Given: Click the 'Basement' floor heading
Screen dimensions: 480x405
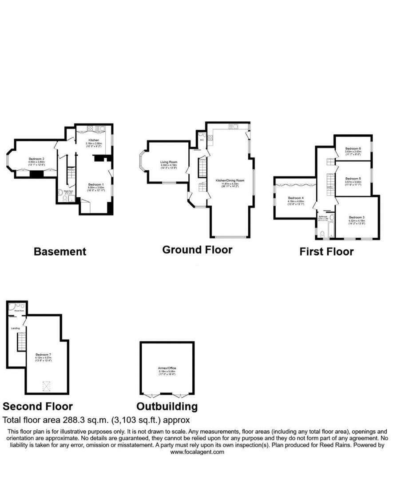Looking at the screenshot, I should [x=60, y=252].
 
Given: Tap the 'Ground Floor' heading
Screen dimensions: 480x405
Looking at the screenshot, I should [x=197, y=250].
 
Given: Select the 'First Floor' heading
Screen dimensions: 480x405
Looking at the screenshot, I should [x=326, y=252].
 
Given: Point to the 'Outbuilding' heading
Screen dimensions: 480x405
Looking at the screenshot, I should [x=167, y=406].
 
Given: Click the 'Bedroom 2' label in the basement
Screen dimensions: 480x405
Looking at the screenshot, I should [x=36, y=159].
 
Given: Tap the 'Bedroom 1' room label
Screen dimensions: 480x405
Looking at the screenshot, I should [x=95, y=184].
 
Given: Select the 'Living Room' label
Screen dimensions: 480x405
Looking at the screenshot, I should [x=169, y=162].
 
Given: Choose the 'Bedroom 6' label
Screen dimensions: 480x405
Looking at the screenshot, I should [x=353, y=148].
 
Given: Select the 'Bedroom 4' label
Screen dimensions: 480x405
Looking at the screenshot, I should [x=295, y=198].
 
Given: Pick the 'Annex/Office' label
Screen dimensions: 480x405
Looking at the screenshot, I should [x=167, y=369].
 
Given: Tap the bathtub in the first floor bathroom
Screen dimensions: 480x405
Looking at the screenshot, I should [x=331, y=228].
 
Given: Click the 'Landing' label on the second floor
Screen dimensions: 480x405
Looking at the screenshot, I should [x=15, y=328].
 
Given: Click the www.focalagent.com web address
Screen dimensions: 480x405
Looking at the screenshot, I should [x=198, y=452].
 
